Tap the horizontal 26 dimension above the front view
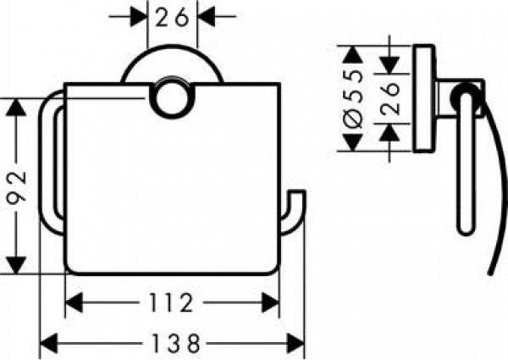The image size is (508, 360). [x=174, y=15]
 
